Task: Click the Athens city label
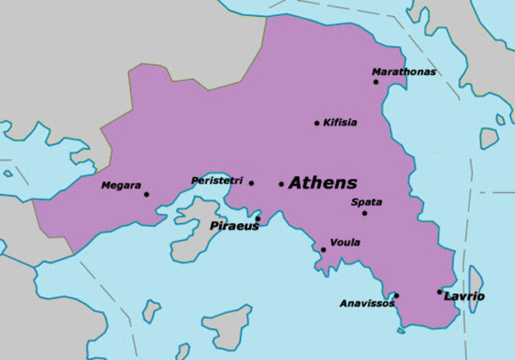(x=323, y=183)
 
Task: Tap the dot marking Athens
(x=281, y=184)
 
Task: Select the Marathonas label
(x=404, y=72)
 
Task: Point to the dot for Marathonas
(x=375, y=81)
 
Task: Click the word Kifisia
(x=340, y=122)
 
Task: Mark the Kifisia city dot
(x=316, y=123)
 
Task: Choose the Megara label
(x=121, y=185)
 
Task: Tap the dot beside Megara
(x=146, y=194)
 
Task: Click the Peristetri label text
(x=216, y=180)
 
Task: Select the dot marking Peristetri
(x=251, y=183)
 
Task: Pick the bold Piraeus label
(x=234, y=226)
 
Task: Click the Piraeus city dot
(x=257, y=218)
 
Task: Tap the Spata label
(x=367, y=202)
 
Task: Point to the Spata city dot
(x=364, y=213)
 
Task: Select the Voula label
(x=345, y=242)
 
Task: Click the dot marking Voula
(x=323, y=250)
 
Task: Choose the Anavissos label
(x=367, y=304)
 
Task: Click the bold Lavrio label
(x=464, y=296)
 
